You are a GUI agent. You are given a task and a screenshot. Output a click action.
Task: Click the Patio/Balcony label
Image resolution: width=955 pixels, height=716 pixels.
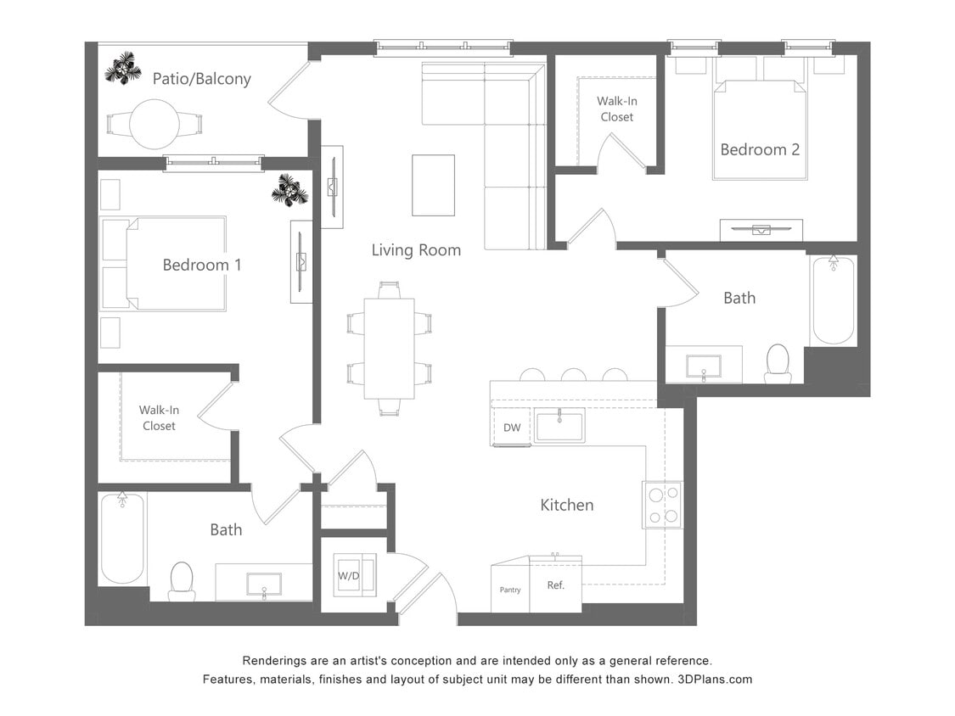tap(201, 79)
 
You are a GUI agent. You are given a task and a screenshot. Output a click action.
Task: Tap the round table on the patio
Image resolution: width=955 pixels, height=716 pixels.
tap(154, 124)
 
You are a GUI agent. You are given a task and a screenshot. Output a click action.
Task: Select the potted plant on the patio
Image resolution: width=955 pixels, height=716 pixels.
tap(123, 68)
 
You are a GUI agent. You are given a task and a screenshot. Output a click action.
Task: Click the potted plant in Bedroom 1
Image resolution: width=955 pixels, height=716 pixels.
tap(289, 190)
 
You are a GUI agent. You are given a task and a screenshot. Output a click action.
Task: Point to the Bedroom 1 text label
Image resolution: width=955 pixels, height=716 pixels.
tap(202, 265)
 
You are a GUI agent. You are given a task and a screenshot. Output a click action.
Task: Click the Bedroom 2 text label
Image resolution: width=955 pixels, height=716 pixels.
tap(760, 149)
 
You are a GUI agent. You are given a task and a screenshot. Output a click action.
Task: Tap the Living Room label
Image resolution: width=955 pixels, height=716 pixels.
tap(416, 249)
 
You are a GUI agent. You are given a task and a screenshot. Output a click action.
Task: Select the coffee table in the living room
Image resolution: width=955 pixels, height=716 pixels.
tap(433, 185)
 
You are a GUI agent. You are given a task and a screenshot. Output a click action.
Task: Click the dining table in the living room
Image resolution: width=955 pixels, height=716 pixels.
tap(389, 348)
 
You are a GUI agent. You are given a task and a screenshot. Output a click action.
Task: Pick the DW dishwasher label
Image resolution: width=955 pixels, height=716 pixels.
tap(512, 428)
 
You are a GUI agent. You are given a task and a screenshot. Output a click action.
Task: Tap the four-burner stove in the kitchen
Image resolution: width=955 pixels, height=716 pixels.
tap(662, 505)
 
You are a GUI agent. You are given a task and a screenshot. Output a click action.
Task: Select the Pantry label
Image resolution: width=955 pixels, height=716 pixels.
tap(510, 590)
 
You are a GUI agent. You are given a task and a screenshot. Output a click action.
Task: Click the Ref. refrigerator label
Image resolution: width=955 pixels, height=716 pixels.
tap(555, 585)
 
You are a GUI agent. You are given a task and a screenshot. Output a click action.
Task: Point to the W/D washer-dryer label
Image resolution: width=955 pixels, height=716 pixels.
tap(348, 576)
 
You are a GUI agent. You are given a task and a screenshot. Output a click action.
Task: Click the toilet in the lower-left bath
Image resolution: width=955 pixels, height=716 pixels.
tap(182, 581)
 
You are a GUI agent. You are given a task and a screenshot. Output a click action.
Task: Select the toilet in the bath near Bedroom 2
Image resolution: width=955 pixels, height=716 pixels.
tap(778, 363)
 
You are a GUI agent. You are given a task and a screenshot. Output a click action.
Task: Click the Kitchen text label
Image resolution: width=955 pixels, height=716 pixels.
tap(567, 505)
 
